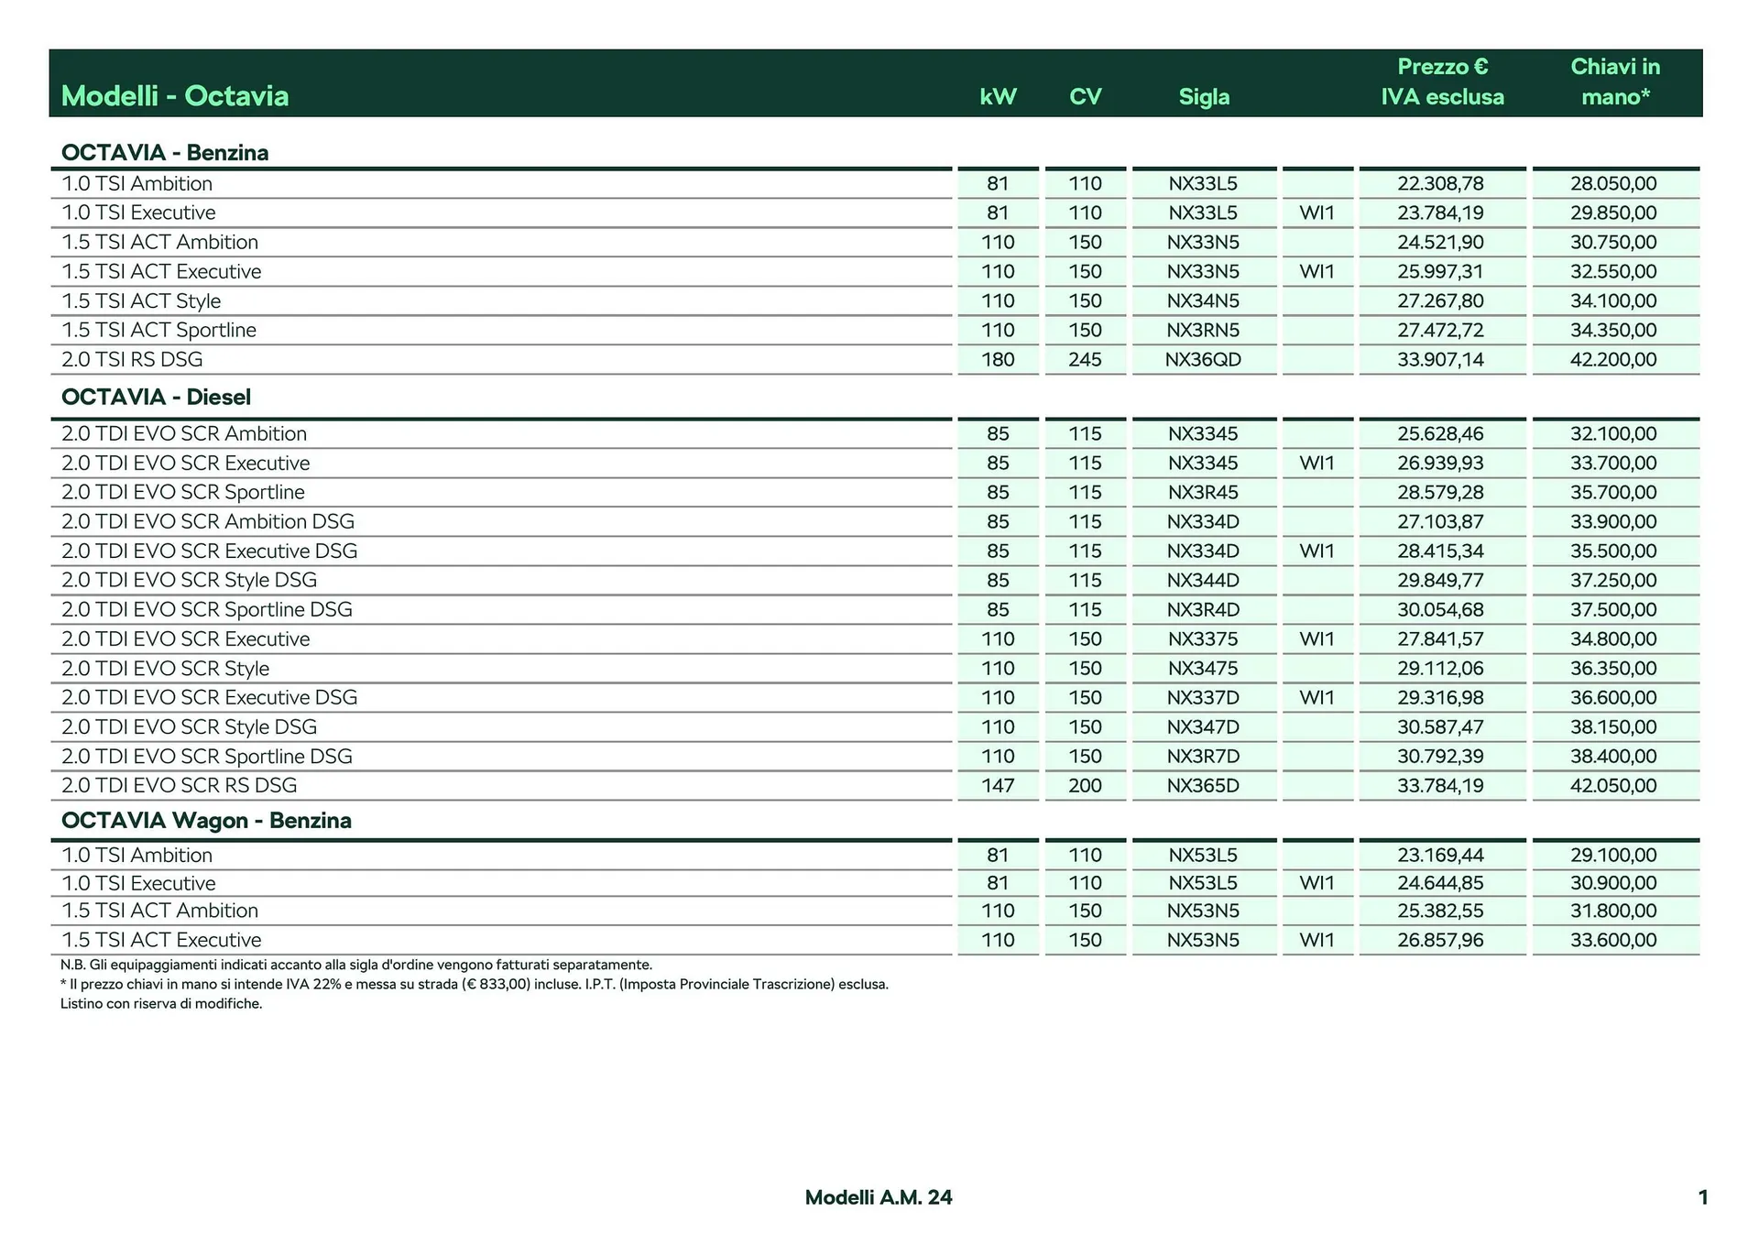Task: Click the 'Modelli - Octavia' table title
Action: click(174, 95)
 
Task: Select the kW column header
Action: click(998, 96)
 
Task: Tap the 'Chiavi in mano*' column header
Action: click(1615, 82)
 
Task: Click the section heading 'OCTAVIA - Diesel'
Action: click(156, 397)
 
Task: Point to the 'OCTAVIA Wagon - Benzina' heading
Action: click(206, 820)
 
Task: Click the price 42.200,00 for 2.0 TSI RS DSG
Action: click(1613, 359)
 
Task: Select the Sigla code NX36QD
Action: click(1203, 359)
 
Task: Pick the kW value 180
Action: click(998, 359)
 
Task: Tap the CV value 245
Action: click(1085, 359)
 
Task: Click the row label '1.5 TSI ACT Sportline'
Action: click(158, 330)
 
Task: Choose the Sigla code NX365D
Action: click(1203, 785)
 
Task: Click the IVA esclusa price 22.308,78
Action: click(1440, 183)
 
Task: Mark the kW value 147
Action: click(998, 785)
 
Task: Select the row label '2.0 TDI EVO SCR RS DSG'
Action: click(179, 785)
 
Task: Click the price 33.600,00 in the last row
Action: click(1613, 940)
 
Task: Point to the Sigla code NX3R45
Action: click(1203, 492)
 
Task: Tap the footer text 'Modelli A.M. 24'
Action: click(879, 1197)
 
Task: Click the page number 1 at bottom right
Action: click(1702, 1197)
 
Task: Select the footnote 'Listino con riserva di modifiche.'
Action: click(161, 1004)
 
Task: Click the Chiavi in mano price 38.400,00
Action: click(1613, 756)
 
